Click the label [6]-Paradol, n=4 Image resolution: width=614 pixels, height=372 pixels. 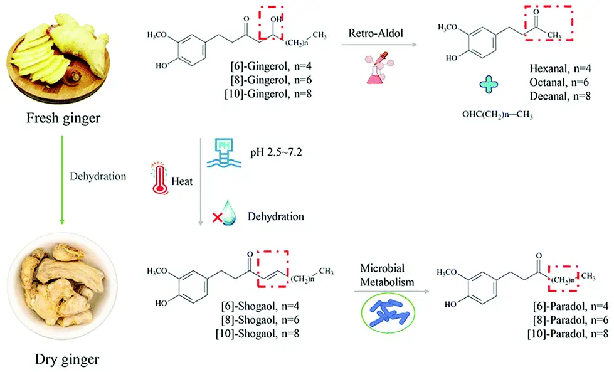tap(566, 306)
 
